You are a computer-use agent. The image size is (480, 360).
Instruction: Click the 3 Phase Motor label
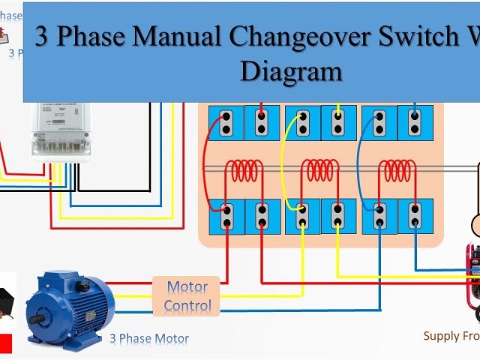click(149, 338)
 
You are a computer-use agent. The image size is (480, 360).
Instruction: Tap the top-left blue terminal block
click(226, 122)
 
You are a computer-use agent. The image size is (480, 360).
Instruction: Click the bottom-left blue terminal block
click(226, 216)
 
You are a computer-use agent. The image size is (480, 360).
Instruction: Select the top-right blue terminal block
click(415, 122)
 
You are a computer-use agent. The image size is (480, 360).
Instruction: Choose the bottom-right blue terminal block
click(415, 216)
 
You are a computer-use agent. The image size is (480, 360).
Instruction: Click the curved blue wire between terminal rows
click(359, 161)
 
